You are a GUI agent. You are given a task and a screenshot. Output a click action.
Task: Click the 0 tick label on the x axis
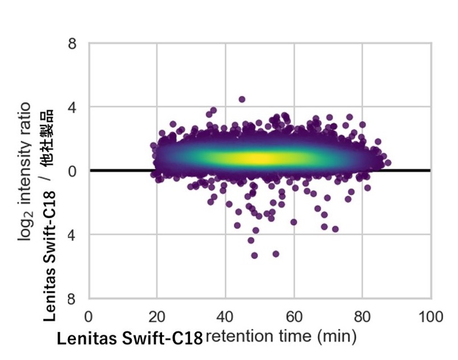(x=88, y=317)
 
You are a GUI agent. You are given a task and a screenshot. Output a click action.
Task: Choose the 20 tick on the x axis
(x=157, y=317)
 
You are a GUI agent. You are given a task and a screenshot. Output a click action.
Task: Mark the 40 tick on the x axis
(x=225, y=317)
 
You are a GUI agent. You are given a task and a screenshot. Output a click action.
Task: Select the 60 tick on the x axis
(x=294, y=317)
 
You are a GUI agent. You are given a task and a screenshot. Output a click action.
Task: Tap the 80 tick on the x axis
(x=362, y=317)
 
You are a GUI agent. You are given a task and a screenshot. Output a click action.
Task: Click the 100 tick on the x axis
(x=431, y=317)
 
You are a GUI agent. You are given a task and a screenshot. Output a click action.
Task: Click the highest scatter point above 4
(x=242, y=99)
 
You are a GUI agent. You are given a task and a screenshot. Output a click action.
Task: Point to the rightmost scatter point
(x=388, y=163)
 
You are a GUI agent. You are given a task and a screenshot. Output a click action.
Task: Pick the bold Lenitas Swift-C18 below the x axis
(x=129, y=338)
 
